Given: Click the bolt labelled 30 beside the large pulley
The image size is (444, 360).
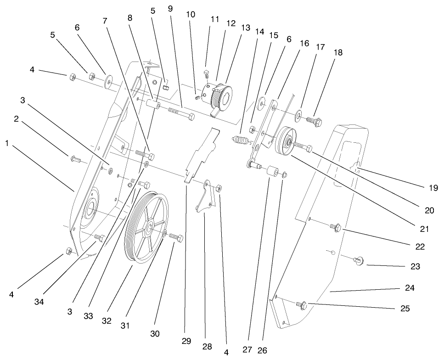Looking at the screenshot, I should coord(175,238).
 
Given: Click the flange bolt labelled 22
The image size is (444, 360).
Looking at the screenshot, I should coord(335,226).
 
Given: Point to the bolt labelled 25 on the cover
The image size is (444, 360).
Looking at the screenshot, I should coord(302,304).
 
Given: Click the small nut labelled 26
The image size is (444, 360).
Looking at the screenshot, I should coord(285,174).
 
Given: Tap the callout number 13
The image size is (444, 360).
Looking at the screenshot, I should coord(246,28).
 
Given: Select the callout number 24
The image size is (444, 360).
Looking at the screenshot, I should coord(410,288).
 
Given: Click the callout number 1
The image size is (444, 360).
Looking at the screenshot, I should coord(7,143).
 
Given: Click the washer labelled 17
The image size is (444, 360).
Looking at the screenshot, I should coord(299,113).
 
